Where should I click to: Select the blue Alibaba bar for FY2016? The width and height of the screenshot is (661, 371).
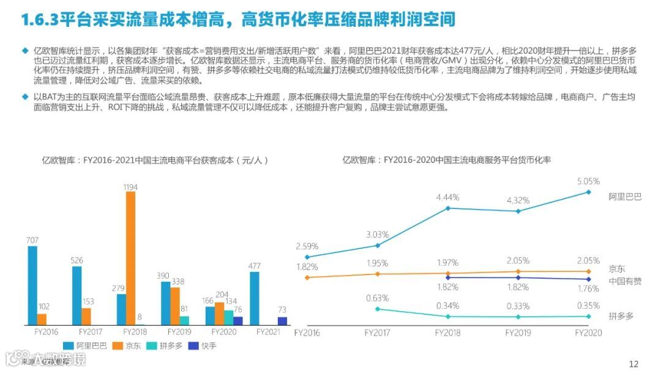tap(32, 285)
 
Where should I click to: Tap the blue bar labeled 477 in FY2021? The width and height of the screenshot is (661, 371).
tap(254, 298)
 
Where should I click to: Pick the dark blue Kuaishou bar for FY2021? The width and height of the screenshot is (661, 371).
tap(282, 320)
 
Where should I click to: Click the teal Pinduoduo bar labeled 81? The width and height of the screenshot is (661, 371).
tap(184, 320)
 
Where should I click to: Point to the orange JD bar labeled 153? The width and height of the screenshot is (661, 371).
tap(86, 316)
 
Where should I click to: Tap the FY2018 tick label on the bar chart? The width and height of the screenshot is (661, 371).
tap(135, 332)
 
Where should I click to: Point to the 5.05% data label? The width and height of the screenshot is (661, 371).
tap(588, 181)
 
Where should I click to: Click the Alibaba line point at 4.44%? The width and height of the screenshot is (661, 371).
tap(448, 208)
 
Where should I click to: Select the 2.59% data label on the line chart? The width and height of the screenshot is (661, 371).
tap(307, 246)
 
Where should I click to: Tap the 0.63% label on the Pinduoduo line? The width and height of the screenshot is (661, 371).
tap(378, 298)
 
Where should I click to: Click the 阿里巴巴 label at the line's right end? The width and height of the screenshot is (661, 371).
tap(625, 196)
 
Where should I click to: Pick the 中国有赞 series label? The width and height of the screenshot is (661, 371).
tap(625, 281)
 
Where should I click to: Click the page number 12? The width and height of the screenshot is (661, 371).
tap(633, 364)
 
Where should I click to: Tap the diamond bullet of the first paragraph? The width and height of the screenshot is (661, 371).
tap(25, 50)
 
